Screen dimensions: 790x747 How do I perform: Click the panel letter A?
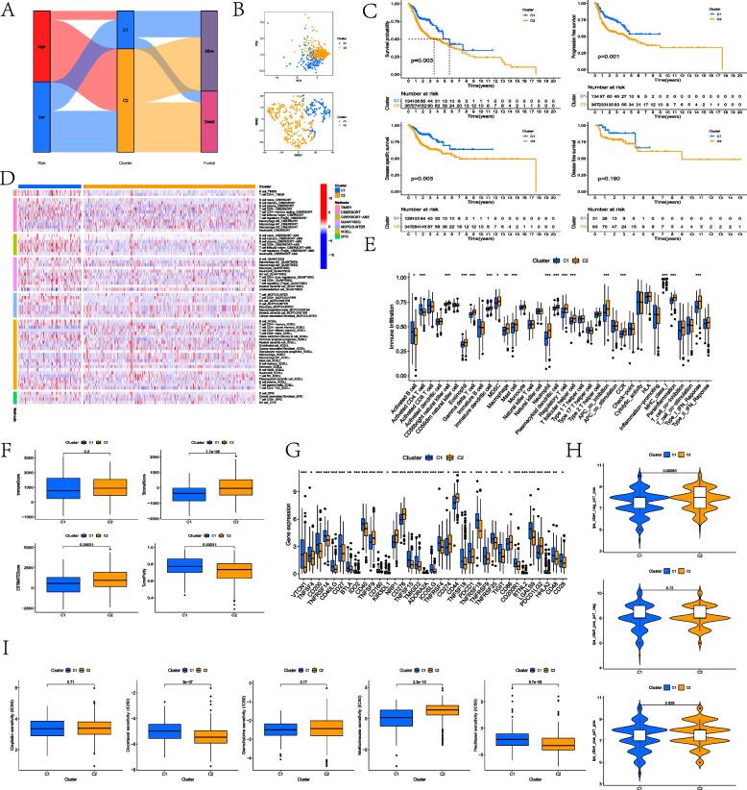click(x=9, y=9)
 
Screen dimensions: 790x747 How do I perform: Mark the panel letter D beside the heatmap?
click(x=9, y=177)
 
